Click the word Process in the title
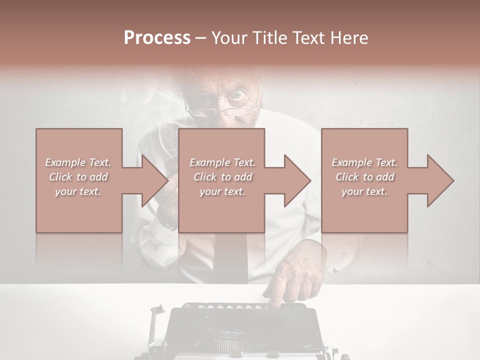pyautogui.click(x=157, y=38)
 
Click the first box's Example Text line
pyautogui.click(x=78, y=162)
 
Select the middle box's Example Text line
pyautogui.click(x=222, y=162)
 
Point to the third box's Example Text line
pyautogui.click(x=364, y=162)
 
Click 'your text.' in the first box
pyautogui.click(x=78, y=191)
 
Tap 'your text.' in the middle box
pyautogui.click(x=222, y=191)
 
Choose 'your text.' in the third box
pyautogui.click(x=364, y=191)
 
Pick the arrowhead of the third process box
pyautogui.click(x=439, y=180)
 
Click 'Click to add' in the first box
pyautogui.click(x=78, y=177)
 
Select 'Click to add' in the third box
pyautogui.click(x=364, y=177)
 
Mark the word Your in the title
pyautogui.click(x=230, y=38)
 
